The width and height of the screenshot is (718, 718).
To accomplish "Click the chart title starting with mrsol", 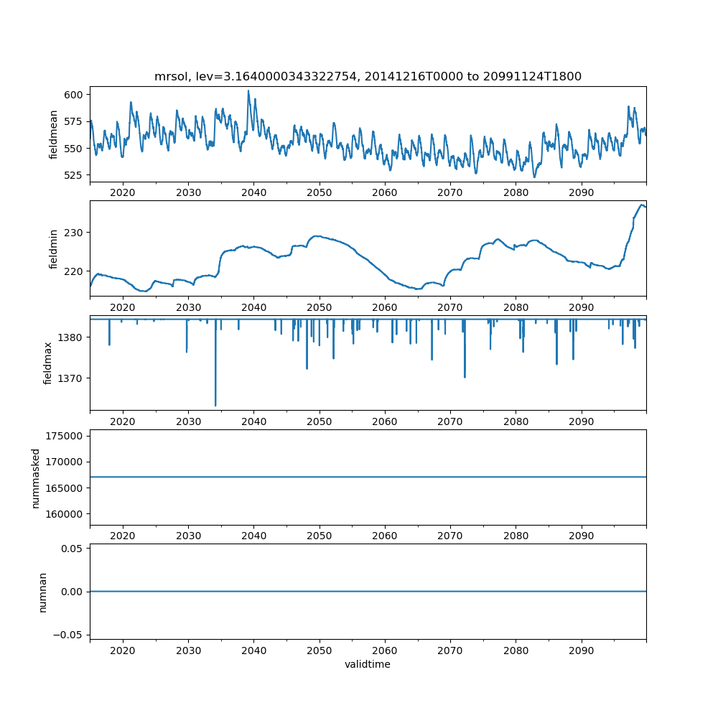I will pyautogui.click(x=368, y=76).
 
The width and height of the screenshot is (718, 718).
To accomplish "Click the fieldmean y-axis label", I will pyautogui.click(x=54, y=134).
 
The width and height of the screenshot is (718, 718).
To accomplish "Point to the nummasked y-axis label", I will pyautogui.click(x=35, y=478).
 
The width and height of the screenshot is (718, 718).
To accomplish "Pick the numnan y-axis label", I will pyautogui.click(x=42, y=592).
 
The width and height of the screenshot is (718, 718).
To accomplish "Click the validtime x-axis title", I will pyautogui.click(x=368, y=665).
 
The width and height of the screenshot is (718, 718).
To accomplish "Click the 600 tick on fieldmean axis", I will pyautogui.click(x=75, y=95).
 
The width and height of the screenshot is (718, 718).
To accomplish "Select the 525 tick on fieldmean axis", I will pyautogui.click(x=75, y=175).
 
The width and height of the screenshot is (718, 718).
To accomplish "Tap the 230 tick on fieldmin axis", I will pyautogui.click(x=75, y=233).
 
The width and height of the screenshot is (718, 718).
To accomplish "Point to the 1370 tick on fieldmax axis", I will pyautogui.click(x=73, y=378).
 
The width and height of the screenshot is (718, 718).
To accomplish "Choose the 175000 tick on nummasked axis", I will pyautogui.click(x=67, y=436).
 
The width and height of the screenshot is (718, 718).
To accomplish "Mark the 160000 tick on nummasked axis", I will pyautogui.click(x=67, y=514).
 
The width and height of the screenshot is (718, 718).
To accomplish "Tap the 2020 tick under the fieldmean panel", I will pyautogui.click(x=123, y=193).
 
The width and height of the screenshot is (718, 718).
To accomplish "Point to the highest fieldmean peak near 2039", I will pyautogui.click(x=248, y=90).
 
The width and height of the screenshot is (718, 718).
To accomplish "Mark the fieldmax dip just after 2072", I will pyautogui.click(x=465, y=377).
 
